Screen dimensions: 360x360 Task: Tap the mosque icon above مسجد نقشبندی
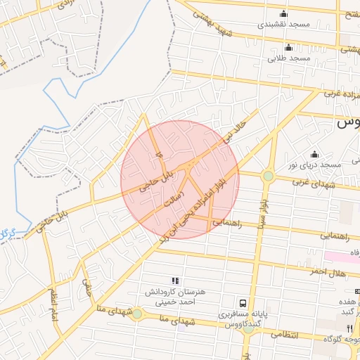tap(283, 13)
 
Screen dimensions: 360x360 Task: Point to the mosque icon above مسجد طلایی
tap(288, 47)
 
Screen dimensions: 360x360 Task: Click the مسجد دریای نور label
tap(314, 165)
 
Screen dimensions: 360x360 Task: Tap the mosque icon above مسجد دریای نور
tap(314, 154)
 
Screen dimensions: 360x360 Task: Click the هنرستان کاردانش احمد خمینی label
tap(174, 295)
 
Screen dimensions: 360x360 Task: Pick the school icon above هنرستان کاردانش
tap(174, 281)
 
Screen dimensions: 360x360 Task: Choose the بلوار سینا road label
tap(261, 218)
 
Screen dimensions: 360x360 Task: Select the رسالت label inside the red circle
tap(173, 199)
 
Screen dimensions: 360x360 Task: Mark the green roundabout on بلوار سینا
tap(268, 176)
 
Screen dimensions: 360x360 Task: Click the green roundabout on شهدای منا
tap(137, 313)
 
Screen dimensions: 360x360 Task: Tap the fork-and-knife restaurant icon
tap(349, 328)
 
